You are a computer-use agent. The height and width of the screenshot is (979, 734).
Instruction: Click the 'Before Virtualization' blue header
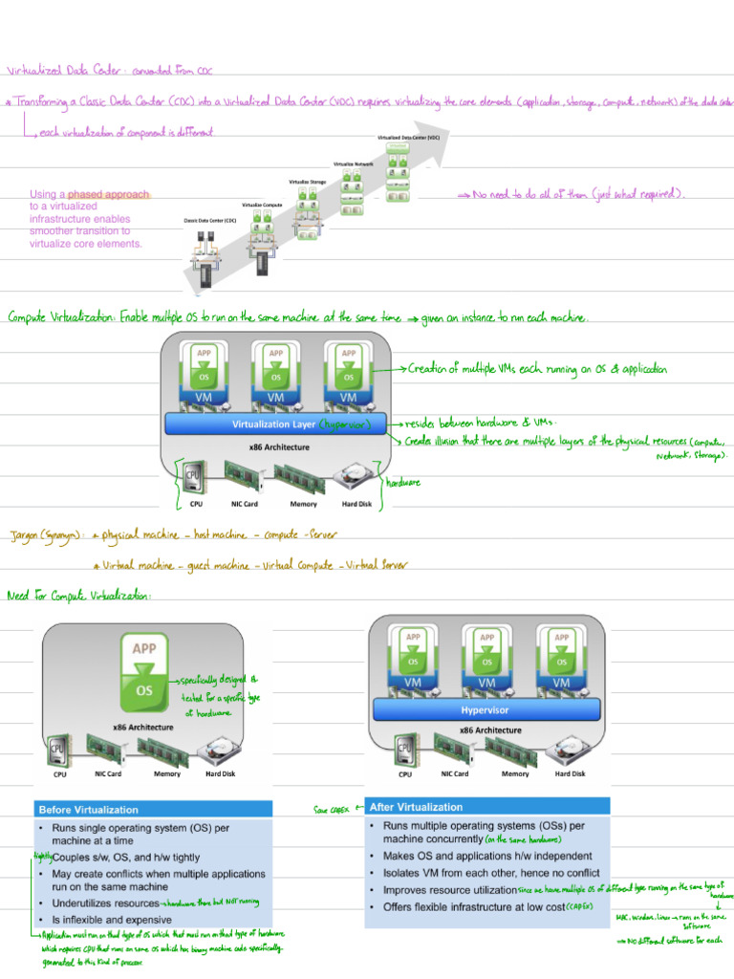point(89,810)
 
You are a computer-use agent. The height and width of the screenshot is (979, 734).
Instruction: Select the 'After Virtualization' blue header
point(416,807)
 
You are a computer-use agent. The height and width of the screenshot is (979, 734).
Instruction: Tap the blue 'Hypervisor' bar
point(485,710)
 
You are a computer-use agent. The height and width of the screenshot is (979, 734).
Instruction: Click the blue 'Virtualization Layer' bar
point(277,424)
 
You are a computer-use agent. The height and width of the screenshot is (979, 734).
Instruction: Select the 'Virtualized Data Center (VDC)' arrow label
point(408,138)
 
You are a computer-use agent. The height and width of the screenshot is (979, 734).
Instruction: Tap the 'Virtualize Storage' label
point(308,181)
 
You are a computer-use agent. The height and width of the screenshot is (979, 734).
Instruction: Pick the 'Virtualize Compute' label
point(263,205)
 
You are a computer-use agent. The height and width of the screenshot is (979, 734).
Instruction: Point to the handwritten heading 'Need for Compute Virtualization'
point(79,596)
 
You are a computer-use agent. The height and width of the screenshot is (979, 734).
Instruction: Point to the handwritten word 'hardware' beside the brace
point(402,483)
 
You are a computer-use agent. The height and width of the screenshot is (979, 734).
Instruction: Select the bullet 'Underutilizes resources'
point(105,903)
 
